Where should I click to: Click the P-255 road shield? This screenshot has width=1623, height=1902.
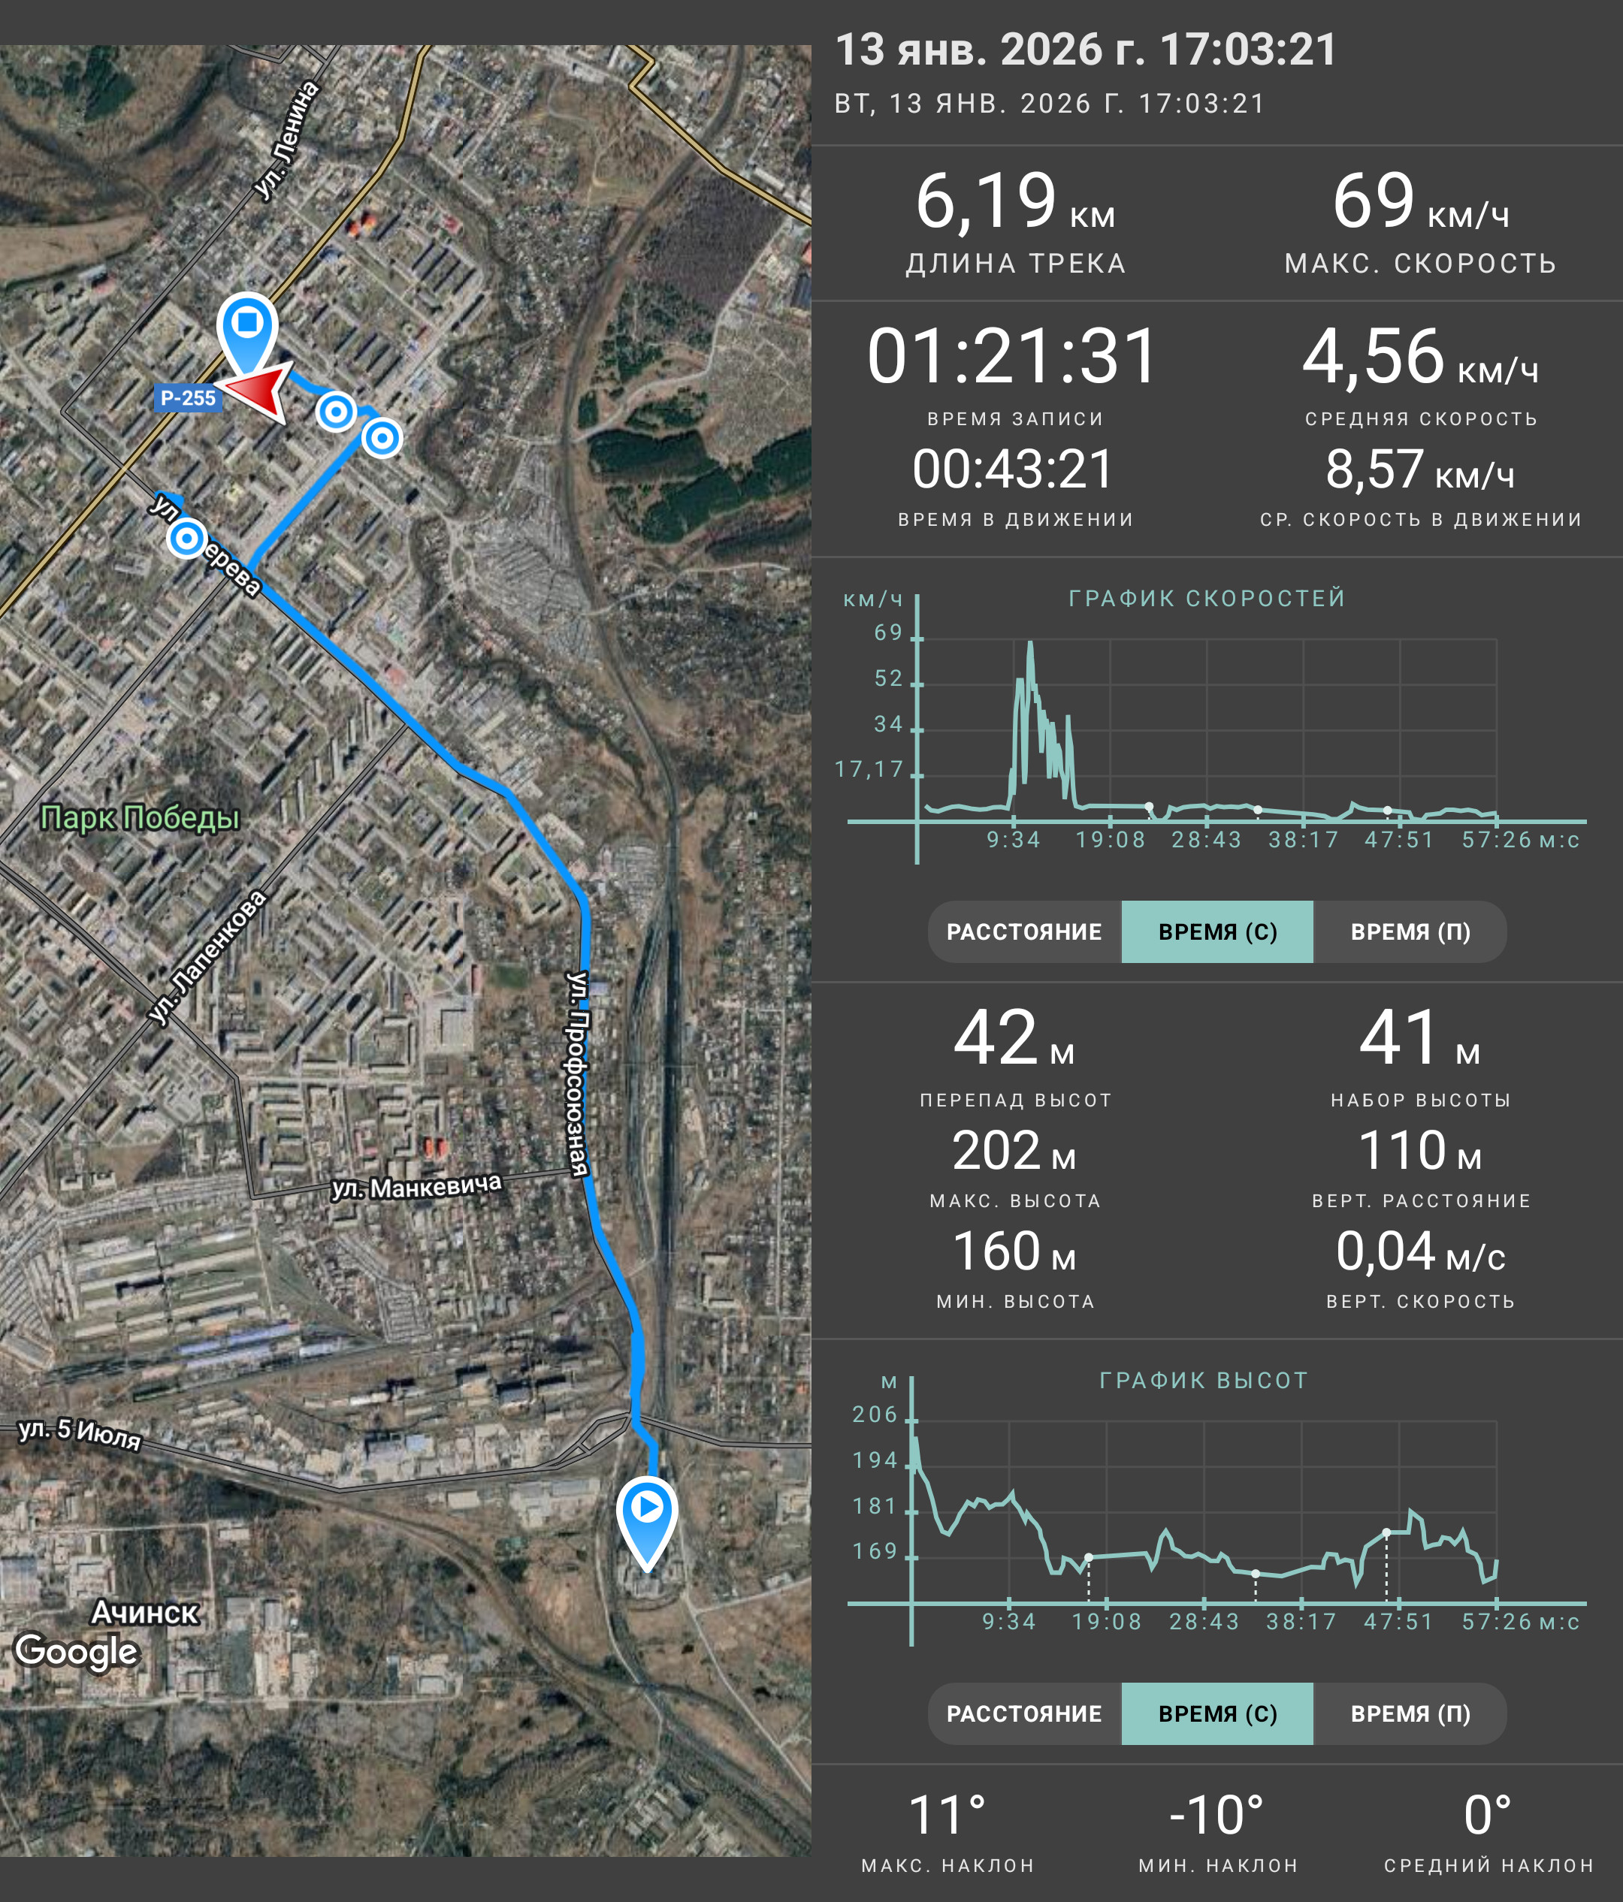[x=187, y=398]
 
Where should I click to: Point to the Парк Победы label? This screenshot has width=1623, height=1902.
[x=140, y=817]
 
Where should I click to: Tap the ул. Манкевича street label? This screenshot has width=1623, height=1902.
[x=417, y=1186]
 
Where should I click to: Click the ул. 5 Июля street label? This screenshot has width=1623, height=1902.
[x=80, y=1434]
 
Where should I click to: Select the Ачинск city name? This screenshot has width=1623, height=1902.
[x=145, y=1613]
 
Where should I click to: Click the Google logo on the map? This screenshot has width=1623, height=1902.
[x=77, y=1651]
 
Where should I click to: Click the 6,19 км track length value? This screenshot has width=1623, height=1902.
[x=1015, y=202]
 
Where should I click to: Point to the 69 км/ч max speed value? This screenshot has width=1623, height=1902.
[x=1420, y=202]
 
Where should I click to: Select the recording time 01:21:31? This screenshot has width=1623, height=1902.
[x=1013, y=356]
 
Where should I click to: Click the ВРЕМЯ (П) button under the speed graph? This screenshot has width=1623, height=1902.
[x=1410, y=931]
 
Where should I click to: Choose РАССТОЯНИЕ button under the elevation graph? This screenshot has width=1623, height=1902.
[x=1024, y=1713]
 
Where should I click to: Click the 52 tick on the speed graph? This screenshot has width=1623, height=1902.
[x=889, y=678]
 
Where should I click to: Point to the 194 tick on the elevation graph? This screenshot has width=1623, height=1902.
[x=875, y=1460]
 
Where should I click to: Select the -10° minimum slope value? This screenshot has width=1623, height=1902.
[x=1217, y=1816]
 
